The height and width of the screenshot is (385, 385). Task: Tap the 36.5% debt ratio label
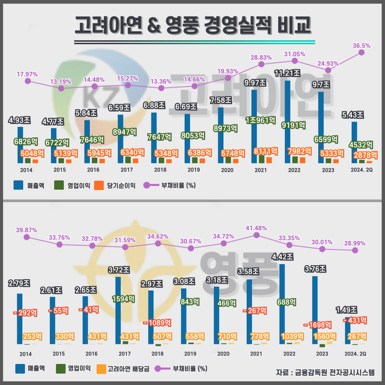coord(361,46)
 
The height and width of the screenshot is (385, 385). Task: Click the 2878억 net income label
coord(362,155)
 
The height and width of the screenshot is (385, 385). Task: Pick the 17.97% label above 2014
coord(27,74)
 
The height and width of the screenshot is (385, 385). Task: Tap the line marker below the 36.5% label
coord(362,53)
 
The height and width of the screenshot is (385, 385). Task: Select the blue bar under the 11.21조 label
coord(289,120)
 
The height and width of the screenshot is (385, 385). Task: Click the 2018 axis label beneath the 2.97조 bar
coord(160,353)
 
